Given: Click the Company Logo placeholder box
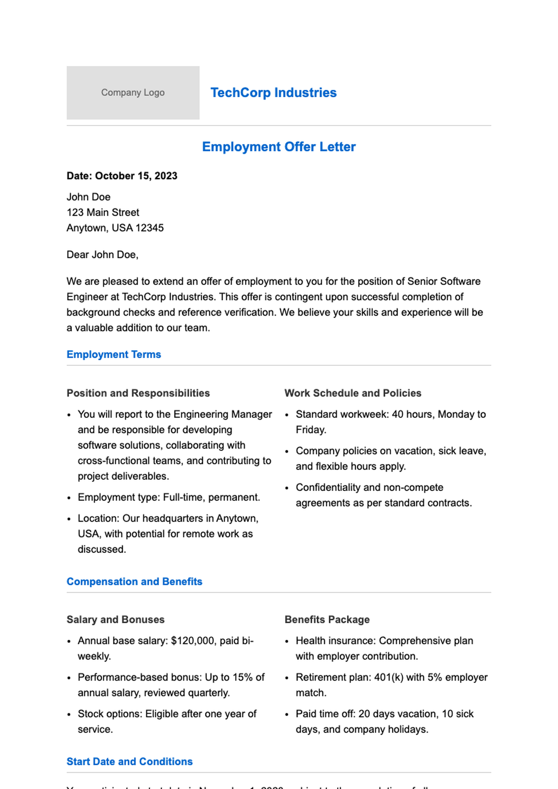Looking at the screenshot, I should tap(133, 93).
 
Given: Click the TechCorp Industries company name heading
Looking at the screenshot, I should tap(273, 93).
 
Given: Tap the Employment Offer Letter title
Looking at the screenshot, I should tap(279, 147).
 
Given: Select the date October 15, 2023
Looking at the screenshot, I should tap(136, 176).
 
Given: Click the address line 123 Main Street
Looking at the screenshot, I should tap(103, 212).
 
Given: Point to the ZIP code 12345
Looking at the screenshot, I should tap(150, 228).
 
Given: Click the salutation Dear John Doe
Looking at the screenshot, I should tap(102, 255).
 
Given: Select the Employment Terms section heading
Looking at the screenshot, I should tap(113, 354).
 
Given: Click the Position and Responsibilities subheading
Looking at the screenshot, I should tap(138, 393).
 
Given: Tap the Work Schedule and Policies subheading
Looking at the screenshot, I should tap(352, 393).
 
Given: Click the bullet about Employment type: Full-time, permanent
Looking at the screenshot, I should tap(169, 497).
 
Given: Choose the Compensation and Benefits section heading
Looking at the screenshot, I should tap(134, 582).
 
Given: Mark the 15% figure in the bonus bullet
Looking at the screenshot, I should tap(244, 677).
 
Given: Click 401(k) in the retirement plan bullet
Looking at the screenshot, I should tap(389, 677).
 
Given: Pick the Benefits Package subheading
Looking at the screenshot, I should tap(327, 620).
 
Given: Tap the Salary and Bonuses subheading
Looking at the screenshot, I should tap(115, 620).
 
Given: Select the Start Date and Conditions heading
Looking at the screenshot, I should tap(129, 762).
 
